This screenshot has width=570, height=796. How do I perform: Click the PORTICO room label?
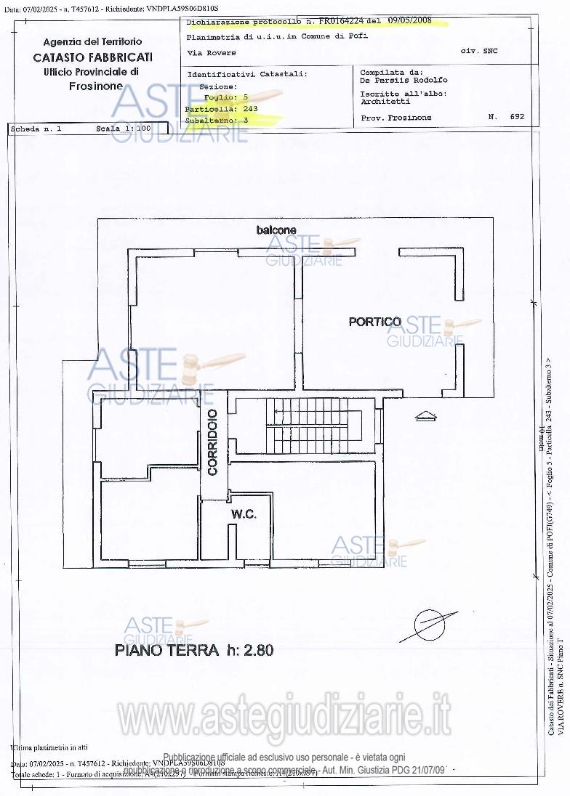pyautogui.click(x=374, y=322)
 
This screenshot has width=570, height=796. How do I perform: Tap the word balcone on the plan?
pyautogui.click(x=276, y=230)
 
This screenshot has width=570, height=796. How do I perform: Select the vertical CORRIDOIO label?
pyautogui.click(x=212, y=442)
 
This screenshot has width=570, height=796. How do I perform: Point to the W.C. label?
pyautogui.click(x=244, y=514)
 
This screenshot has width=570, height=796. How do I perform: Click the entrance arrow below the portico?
pyautogui.click(x=425, y=416)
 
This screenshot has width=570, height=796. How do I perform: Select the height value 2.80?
pyautogui.click(x=258, y=650)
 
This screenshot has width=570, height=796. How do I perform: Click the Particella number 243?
pyautogui.click(x=250, y=108)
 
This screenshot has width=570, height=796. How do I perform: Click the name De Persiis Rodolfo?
pyautogui.click(x=404, y=81)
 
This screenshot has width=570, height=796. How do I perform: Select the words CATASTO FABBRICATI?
pyautogui.click(x=92, y=57)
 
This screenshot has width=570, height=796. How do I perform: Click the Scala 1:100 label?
pyautogui.click(x=123, y=129)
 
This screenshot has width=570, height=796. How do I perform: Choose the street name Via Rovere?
pyautogui.click(x=211, y=53)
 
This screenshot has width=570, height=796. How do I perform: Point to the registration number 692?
pyautogui.click(x=517, y=117)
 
